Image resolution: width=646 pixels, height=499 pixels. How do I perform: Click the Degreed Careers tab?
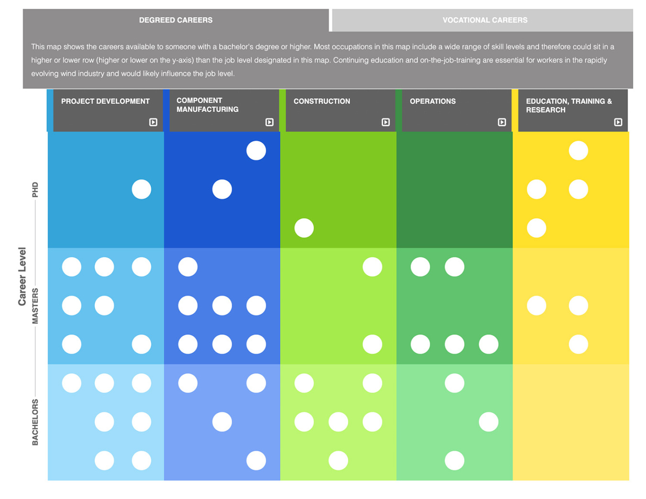click(x=176, y=20)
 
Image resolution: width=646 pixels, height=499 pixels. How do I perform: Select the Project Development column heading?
click(x=105, y=101)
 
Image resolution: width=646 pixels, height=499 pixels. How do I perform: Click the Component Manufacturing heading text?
click(x=207, y=105)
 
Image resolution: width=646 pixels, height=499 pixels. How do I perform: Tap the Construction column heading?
click(x=322, y=101)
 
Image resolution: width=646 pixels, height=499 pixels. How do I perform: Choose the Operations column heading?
click(x=433, y=101)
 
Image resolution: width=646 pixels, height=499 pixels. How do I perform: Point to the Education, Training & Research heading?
click(x=568, y=105)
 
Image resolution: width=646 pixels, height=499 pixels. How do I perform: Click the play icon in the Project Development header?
click(x=153, y=122)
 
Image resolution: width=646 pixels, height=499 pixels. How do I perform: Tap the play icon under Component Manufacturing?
click(x=269, y=122)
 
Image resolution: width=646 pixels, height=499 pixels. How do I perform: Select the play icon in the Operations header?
click(x=502, y=122)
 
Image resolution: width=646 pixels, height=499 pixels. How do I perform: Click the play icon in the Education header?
click(x=618, y=122)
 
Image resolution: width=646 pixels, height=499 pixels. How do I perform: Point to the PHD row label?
click(x=35, y=190)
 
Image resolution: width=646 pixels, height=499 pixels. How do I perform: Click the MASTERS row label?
click(x=35, y=306)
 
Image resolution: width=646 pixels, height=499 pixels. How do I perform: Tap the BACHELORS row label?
click(x=35, y=422)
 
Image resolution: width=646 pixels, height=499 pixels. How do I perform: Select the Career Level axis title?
click(x=22, y=276)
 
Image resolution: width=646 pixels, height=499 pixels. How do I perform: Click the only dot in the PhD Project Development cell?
click(x=142, y=189)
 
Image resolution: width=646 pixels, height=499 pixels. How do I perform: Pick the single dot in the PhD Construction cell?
click(x=304, y=228)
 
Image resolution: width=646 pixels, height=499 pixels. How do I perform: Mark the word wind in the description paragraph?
click(x=68, y=73)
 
